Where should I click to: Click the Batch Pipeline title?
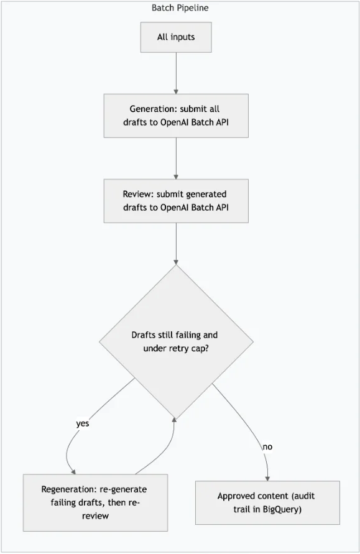pyautogui.click(x=180, y=7)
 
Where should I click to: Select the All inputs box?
pyautogui.click(x=176, y=37)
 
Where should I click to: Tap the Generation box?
pyautogui.click(x=176, y=116)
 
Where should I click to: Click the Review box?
pyautogui.click(x=176, y=201)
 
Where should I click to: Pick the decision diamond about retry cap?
pyautogui.click(x=176, y=341)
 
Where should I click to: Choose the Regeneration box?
pyautogui.click(x=95, y=502)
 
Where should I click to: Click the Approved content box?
pyautogui.click(x=267, y=502)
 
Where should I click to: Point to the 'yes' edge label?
pyautogui.click(x=82, y=423)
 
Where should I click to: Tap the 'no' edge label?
pyautogui.click(x=267, y=446)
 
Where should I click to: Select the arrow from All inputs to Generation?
pyautogui.click(x=176, y=73)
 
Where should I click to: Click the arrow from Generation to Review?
pyautogui.click(x=176, y=159)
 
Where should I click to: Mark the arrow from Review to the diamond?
pyautogui.click(x=176, y=244)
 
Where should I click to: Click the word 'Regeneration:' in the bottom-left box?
pyautogui.click(x=69, y=489)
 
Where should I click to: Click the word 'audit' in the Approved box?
pyautogui.click(x=304, y=496)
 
